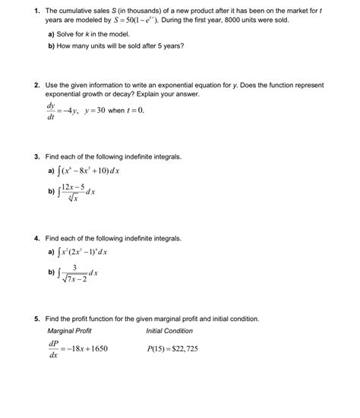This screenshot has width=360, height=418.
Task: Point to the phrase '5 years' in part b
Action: [x=170, y=46]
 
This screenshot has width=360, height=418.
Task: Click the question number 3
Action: [x=36, y=156]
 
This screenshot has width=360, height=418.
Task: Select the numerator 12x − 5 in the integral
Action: [x=78, y=186]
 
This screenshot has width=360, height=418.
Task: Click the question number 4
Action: [x=36, y=238]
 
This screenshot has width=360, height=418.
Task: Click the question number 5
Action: [x=36, y=319]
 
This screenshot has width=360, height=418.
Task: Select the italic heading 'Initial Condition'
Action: [x=169, y=331]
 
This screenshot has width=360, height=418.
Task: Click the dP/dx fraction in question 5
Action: [x=52, y=349]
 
